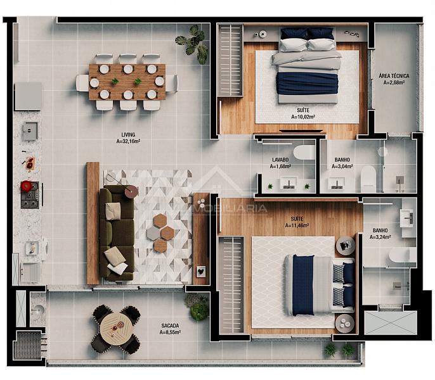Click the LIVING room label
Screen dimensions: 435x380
pyautogui.click(x=128, y=135)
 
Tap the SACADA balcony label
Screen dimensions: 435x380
pyautogui.click(x=170, y=326)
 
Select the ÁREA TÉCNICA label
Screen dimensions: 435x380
pyautogui.click(x=394, y=75)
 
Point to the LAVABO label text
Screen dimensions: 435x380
pyautogui.click(x=280, y=160)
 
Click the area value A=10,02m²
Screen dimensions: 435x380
pyautogui.click(x=303, y=117)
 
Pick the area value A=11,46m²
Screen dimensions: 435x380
pyautogui.click(x=297, y=225)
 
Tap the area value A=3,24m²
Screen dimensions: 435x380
pyautogui.click(x=380, y=237)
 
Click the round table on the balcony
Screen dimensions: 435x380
pyautogui.click(x=116, y=329)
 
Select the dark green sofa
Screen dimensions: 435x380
pyautogui.click(x=117, y=234)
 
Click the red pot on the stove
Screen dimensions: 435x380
pyautogui.click(x=26, y=186)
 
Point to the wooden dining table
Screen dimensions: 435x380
pyautogui.click(x=127, y=82)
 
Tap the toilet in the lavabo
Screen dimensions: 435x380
pyautogui.click(x=304, y=153)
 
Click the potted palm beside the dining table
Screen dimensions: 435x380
pyautogui.click(x=193, y=44)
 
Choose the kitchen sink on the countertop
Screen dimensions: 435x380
pyautogui.click(x=30, y=130)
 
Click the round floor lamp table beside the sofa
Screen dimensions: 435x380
pyautogui.click(x=131, y=191)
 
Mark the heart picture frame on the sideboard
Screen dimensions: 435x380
pyautogui.click(x=202, y=271)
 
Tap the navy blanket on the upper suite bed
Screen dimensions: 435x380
pyautogui.click(x=307, y=84)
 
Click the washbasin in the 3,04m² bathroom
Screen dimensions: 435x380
pyautogui.click(x=337, y=184)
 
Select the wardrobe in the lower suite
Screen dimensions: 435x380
pyautogui.click(x=231, y=284)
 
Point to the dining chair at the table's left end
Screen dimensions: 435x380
pyautogui.click(x=82, y=83)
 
